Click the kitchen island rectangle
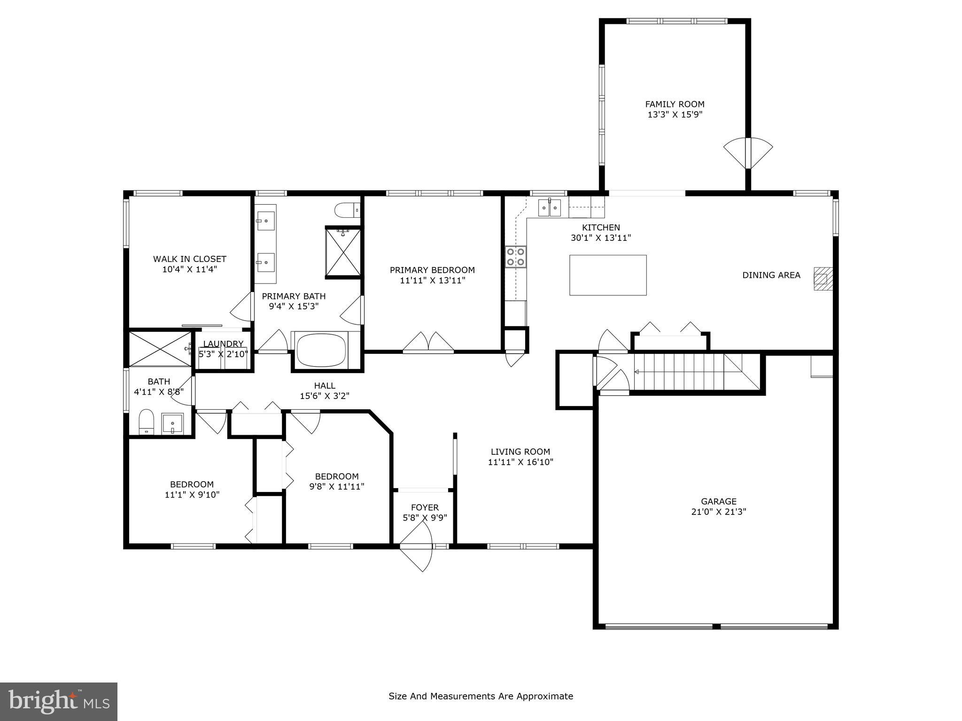(608, 275)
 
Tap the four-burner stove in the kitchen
(515, 256)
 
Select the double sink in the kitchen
(549, 207)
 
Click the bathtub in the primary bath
(322, 350)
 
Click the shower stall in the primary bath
(343, 252)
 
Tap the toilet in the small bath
(147, 422)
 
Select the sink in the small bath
(172, 424)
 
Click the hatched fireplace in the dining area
(822, 279)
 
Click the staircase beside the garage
(695, 372)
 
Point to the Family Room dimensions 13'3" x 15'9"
(675, 115)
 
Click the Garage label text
(718, 501)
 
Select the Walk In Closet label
(189, 259)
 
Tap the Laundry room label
(223, 344)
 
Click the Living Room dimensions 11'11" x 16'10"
(520, 462)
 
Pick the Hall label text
(325, 386)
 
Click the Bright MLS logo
(59, 701)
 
